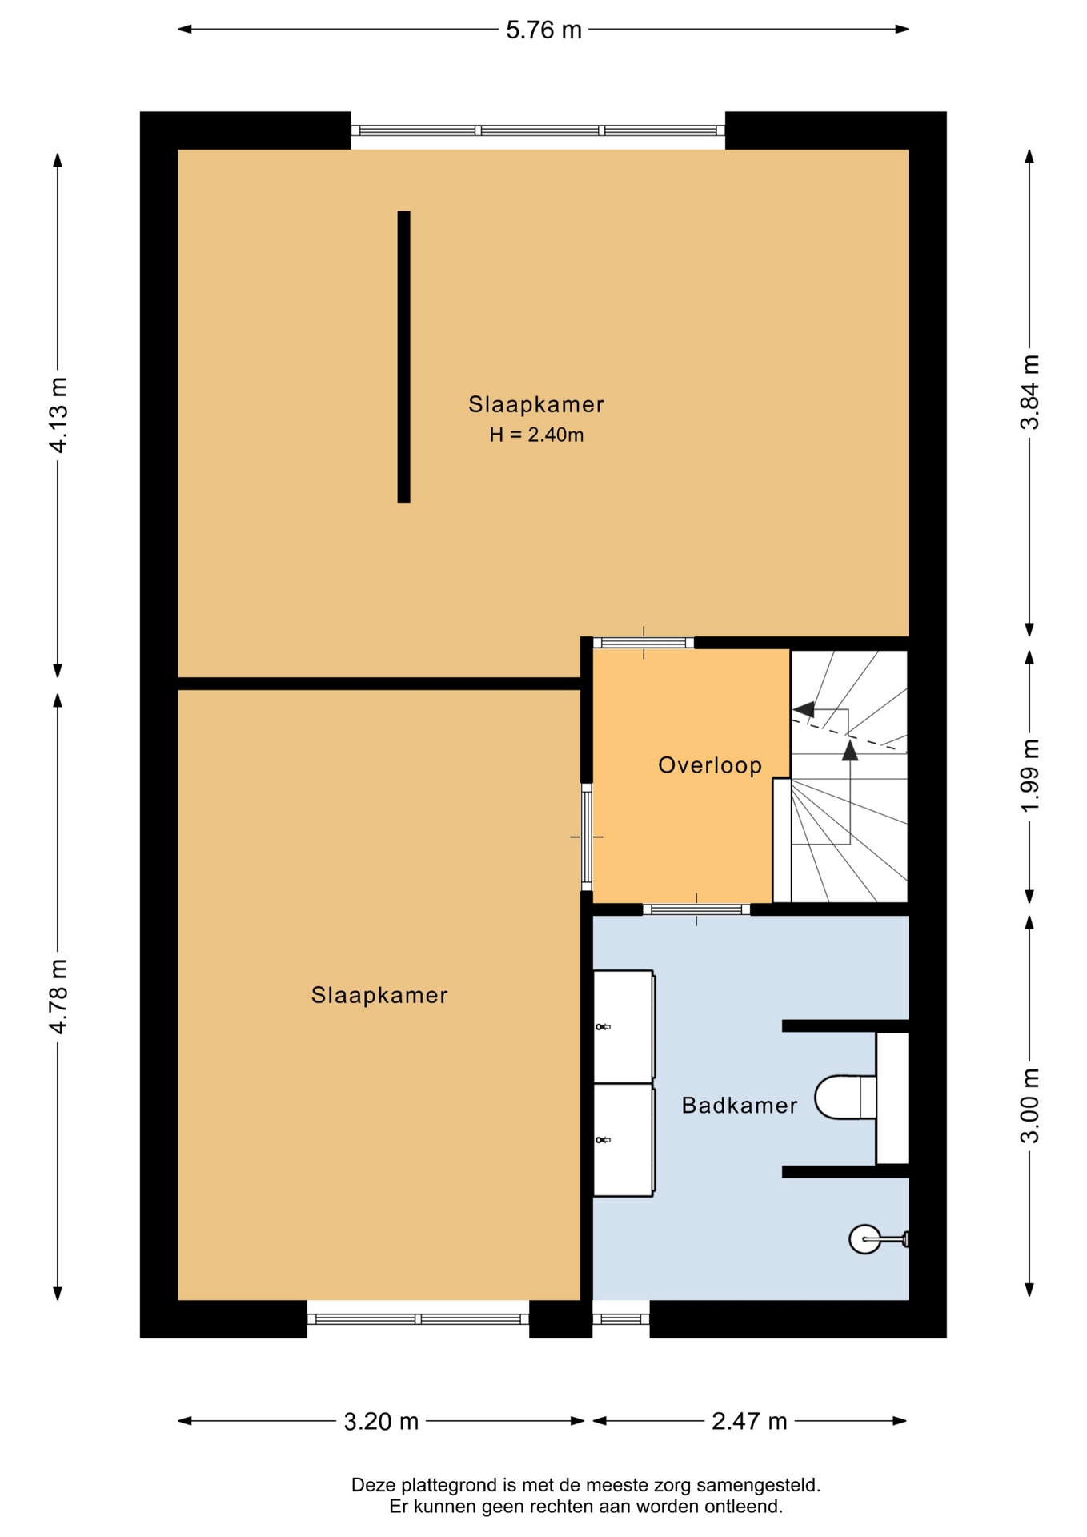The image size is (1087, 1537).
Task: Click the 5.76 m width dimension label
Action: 543,30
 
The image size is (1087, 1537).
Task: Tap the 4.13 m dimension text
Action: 58,415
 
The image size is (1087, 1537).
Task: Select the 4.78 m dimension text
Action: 58,996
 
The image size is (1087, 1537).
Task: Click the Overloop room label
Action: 710,765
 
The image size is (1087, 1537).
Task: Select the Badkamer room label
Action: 740,1106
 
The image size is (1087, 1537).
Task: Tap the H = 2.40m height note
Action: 536,435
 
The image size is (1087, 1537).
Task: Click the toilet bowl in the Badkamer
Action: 845,1097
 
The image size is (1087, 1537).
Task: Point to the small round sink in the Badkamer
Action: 865,1239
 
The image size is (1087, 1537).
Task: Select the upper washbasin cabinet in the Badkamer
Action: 624,1025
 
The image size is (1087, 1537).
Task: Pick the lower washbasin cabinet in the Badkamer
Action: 624,1140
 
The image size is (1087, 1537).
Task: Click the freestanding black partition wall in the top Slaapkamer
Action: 404,357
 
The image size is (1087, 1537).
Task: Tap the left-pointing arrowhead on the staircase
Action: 804,709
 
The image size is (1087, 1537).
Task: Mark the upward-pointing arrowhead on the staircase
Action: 850,749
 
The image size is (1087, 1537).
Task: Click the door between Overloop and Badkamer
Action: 696,909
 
